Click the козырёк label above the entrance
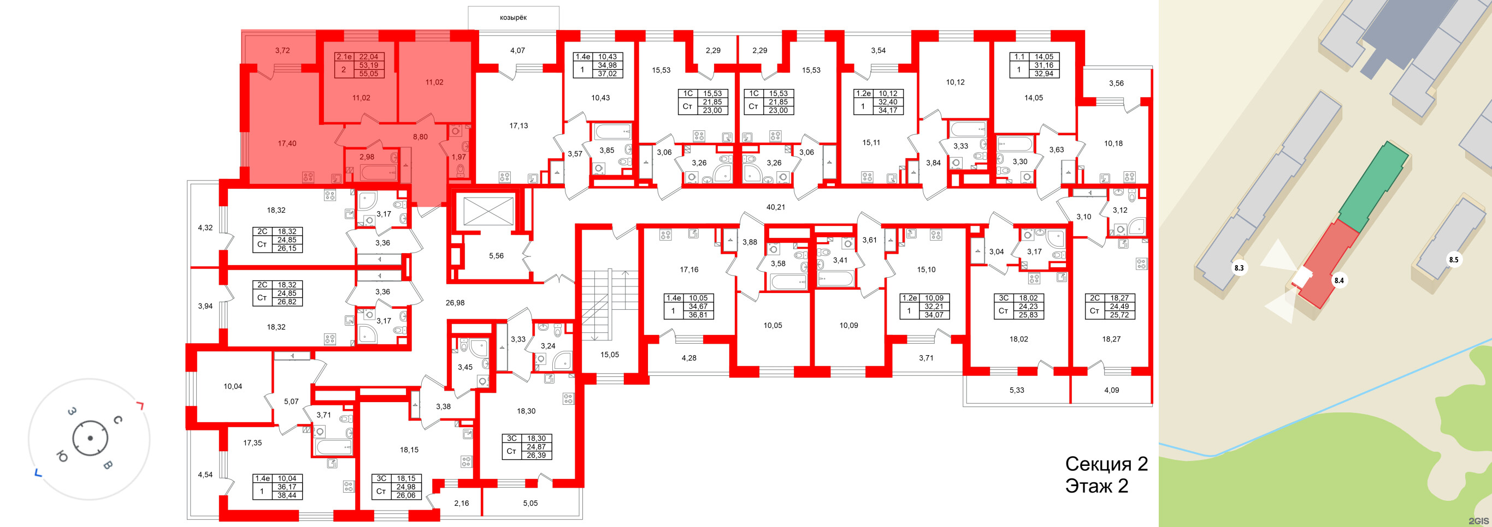[513, 17]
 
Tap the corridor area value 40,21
[775, 207]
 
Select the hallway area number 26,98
[455, 303]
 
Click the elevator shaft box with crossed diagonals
[485, 211]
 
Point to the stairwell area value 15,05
[609, 355]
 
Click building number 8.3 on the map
[1239, 268]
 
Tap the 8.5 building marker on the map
[1453, 260]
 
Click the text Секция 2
[1106, 464]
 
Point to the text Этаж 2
[1096, 486]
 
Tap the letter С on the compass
[117, 420]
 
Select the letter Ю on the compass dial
[62, 457]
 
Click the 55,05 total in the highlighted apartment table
[368, 74]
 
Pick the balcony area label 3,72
[282, 50]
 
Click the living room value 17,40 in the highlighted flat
[287, 143]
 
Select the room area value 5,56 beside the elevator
[496, 256]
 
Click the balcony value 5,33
[1017, 390]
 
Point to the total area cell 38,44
[287, 495]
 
